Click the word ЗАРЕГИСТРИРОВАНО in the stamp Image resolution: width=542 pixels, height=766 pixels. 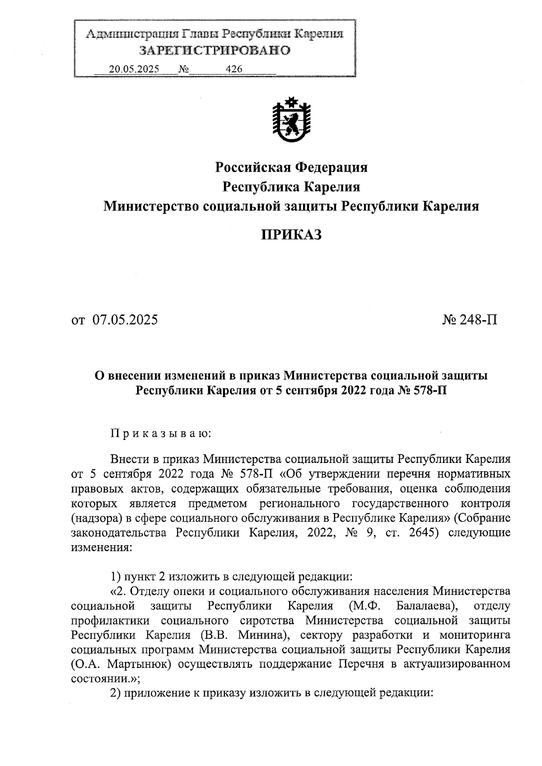tap(215, 50)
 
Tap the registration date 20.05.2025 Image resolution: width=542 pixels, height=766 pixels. tap(134, 69)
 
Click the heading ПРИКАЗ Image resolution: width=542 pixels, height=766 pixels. tap(291, 234)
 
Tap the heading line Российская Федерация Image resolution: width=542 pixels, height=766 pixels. tap(291, 168)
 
